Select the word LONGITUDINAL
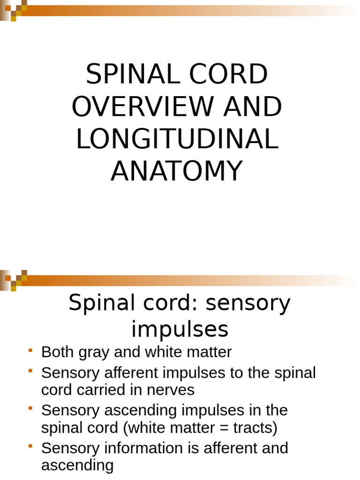[177, 139]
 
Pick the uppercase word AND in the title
[253, 106]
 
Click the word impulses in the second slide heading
[180, 330]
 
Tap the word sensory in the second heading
[248, 304]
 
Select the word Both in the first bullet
[58, 352]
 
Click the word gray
[94, 353]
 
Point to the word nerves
[171, 390]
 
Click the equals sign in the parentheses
[224, 428]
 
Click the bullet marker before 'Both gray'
[30, 350]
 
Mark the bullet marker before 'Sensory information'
[30, 446]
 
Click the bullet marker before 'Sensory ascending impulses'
[30, 408]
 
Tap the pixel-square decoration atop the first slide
[14, 10]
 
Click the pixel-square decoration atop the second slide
[14, 280]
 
